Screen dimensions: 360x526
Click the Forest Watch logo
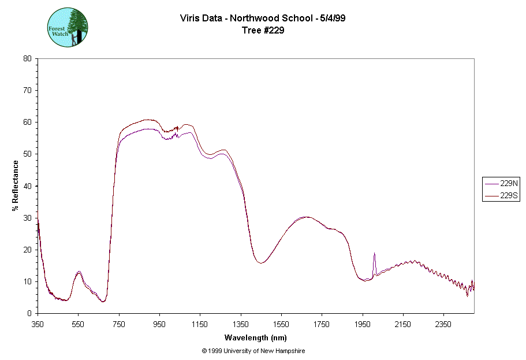point(68,27)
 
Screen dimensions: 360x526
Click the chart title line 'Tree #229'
point(263,30)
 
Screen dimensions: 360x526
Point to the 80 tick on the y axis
point(27,58)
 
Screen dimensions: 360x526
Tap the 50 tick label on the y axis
point(27,154)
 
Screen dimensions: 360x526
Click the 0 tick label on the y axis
point(29,313)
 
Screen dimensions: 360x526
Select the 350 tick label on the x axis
point(38,324)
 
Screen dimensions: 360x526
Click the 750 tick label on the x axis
point(119,324)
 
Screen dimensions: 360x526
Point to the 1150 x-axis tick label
point(200,324)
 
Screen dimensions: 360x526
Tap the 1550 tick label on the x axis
point(281,324)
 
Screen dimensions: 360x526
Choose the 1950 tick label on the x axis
point(363,324)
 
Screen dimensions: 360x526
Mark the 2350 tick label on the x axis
point(443,324)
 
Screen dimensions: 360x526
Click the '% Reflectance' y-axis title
point(16,185)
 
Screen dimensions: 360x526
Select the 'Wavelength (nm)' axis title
point(256,337)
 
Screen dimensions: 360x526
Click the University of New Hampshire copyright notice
point(253,351)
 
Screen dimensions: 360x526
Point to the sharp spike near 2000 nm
point(374,254)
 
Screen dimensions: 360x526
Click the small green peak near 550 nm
point(79,272)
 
